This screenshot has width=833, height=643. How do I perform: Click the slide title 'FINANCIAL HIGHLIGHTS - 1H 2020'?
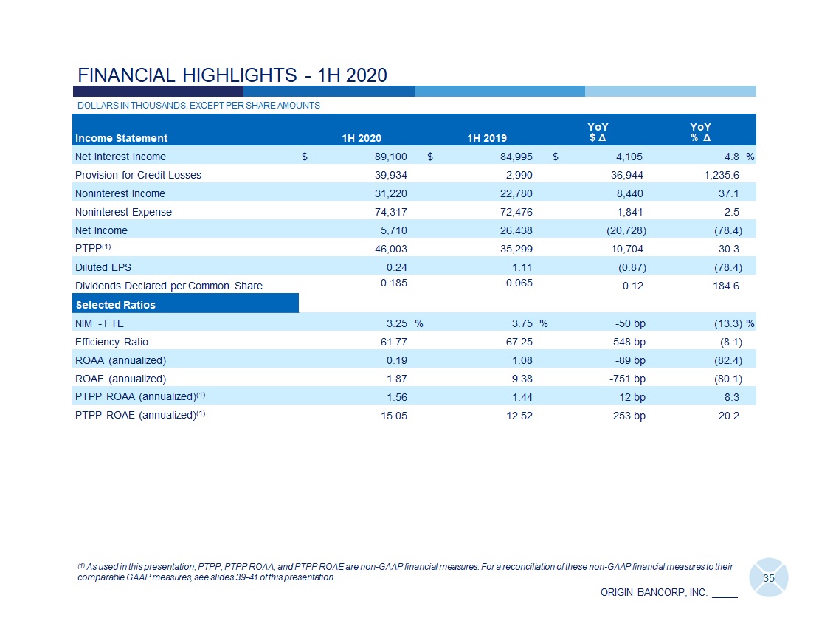232,75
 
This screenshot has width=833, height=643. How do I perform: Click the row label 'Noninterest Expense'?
123,212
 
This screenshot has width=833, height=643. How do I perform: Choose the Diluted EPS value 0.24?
397,267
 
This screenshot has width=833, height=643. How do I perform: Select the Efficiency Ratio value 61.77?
393,342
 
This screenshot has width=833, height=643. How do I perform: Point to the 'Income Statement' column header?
121,137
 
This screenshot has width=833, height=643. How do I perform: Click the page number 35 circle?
768,578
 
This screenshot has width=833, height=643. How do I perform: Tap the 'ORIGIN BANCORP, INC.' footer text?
654,592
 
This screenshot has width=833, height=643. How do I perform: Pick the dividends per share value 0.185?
395,283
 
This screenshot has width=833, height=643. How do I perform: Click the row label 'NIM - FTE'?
100,323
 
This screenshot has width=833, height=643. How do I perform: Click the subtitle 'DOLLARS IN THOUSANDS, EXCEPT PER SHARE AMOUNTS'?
198,106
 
